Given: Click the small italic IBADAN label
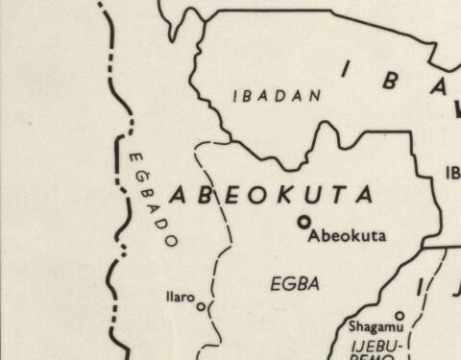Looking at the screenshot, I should tap(264, 96).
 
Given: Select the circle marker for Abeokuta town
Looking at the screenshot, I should tap(304, 222).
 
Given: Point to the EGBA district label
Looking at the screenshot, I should tap(294, 283).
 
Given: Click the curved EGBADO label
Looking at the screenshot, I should tap(152, 198).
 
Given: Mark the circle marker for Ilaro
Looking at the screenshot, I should tap(201, 307).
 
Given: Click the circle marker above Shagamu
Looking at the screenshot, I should tap(400, 316).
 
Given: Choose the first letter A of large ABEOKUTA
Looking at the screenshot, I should tap(179, 195).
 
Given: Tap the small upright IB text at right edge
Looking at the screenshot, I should tap(452, 173).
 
